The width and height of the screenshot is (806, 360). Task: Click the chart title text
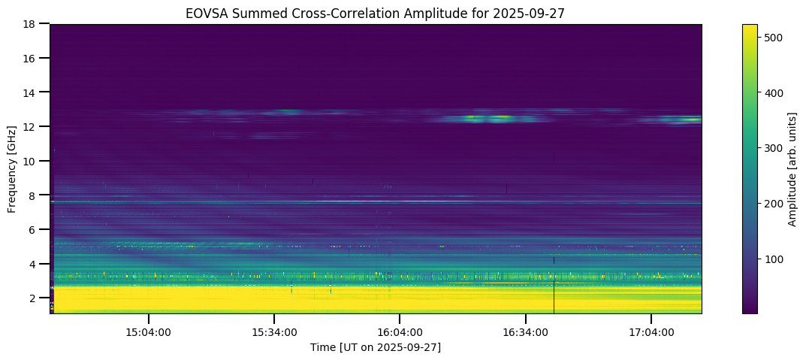[x=376, y=13]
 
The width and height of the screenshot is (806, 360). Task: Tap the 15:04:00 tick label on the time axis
[x=149, y=331]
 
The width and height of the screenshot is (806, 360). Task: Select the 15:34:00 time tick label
[x=274, y=331]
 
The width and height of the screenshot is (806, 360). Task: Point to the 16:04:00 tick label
[x=400, y=331]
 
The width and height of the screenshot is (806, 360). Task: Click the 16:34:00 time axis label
[x=525, y=331]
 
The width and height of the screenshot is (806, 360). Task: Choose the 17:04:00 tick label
[x=651, y=331]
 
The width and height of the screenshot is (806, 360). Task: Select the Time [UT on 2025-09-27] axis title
[x=376, y=346]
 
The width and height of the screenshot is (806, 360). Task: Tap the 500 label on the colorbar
[x=774, y=36]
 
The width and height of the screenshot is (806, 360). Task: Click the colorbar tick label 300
[x=774, y=148]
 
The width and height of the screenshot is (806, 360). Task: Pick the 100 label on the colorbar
[x=774, y=259]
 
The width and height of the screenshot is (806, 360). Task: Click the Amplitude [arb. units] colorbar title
[x=792, y=168]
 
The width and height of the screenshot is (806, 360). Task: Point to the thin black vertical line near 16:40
[x=554, y=293]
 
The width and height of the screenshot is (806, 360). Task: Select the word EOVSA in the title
[x=203, y=13]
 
